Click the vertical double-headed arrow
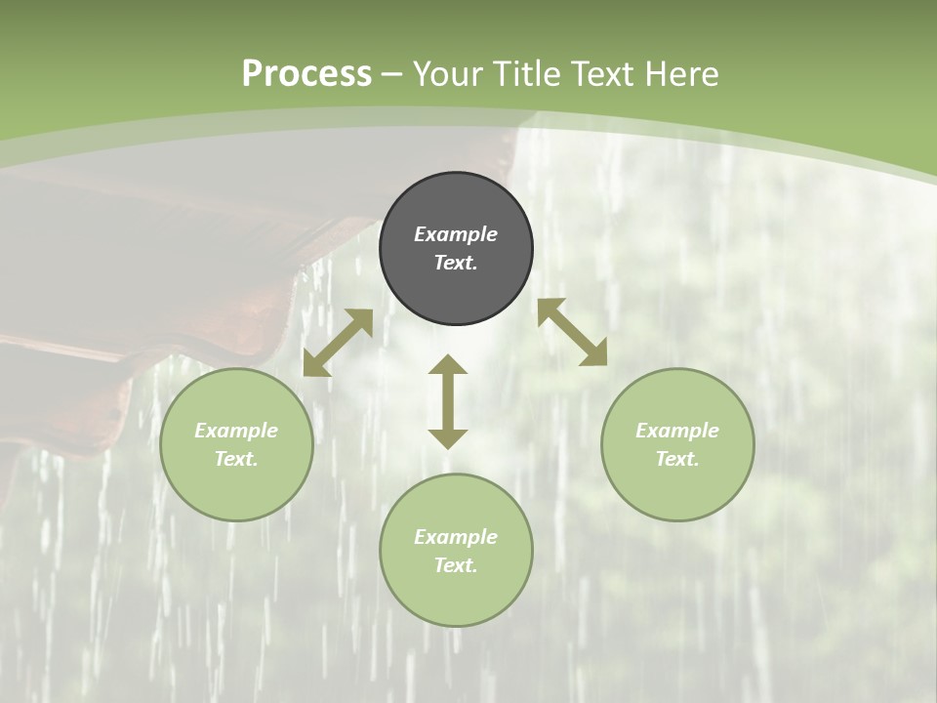[448, 401]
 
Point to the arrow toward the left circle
[338, 343]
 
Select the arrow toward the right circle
[572, 332]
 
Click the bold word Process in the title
[306, 74]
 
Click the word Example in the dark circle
[456, 234]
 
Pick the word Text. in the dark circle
[456, 263]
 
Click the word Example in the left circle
[236, 431]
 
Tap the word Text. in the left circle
[236, 459]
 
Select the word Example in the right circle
[677, 431]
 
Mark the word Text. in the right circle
[677, 459]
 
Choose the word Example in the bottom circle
[456, 537]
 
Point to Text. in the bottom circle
[456, 565]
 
